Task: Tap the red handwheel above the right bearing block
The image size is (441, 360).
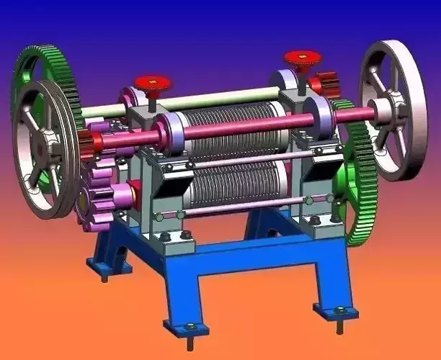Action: pos(302,57)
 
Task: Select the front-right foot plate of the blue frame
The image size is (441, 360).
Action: pos(336,310)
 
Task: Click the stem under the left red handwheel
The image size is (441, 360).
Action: pos(152,99)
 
